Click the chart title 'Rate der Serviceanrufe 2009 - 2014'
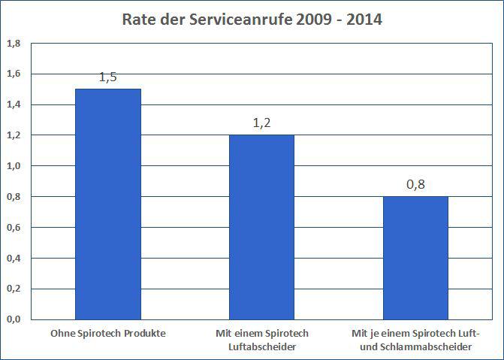coord(252,20)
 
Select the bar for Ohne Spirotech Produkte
coord(107,203)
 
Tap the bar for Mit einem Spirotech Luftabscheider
coord(261,226)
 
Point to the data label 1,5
coord(107,78)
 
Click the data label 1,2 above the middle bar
coord(261,124)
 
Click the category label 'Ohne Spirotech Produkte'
coord(107,333)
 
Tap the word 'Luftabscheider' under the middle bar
coord(261,346)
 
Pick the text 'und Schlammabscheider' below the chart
coord(415,346)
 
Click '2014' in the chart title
coord(363,20)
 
